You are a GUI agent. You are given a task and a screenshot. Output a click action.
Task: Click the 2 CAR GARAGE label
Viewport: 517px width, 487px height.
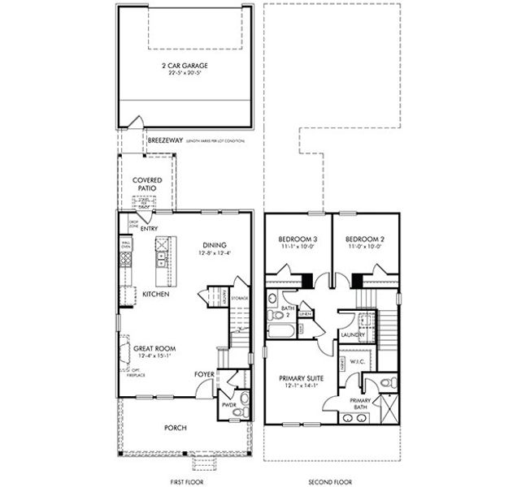[184, 66]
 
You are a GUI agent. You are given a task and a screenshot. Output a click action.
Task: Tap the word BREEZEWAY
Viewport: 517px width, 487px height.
[165, 140]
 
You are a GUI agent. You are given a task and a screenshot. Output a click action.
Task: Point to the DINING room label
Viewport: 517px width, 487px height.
[215, 246]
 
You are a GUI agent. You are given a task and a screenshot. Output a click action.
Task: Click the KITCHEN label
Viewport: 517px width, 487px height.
[155, 294]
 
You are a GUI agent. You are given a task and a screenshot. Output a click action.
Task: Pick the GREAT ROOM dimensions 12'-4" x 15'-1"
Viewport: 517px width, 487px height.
[154, 355]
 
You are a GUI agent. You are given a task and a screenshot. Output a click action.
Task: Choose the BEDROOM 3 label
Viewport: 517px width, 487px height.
[297, 239]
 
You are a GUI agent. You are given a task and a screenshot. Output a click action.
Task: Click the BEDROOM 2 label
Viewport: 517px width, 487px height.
[363, 239]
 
